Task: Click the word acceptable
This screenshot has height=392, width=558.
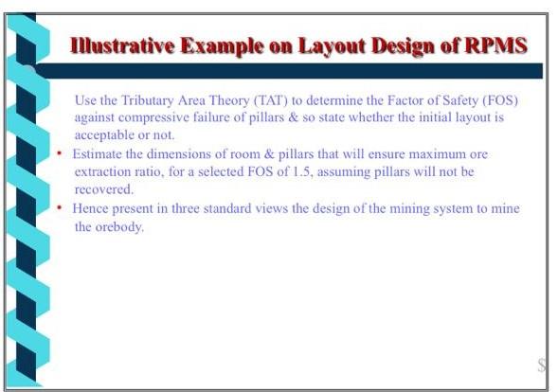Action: click(106, 134)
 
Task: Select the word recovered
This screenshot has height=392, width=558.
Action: click(101, 188)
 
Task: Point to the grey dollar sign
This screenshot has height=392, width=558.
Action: click(542, 365)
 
